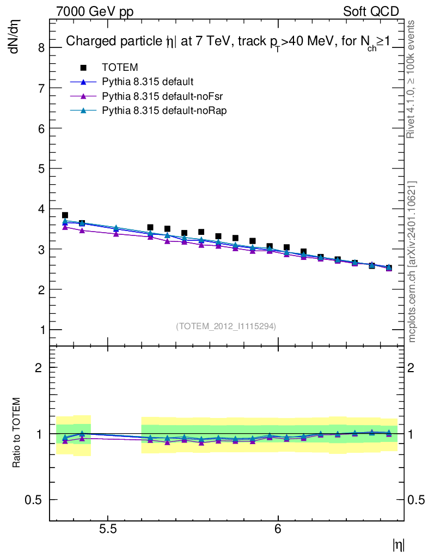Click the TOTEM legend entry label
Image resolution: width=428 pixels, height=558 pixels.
click(120, 68)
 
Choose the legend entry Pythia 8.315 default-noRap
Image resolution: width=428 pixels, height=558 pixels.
click(164, 111)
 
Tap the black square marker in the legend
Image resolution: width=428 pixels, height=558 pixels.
click(83, 68)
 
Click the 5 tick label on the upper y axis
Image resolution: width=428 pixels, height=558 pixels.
click(41, 168)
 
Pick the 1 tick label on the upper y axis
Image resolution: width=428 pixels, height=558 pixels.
click(41, 330)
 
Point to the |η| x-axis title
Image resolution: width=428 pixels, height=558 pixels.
click(398, 544)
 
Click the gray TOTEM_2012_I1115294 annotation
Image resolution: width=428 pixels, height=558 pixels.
click(226, 326)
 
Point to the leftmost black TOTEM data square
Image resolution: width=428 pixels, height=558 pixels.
click(65, 215)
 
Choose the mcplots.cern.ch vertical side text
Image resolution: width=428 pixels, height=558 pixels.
click(412, 262)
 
